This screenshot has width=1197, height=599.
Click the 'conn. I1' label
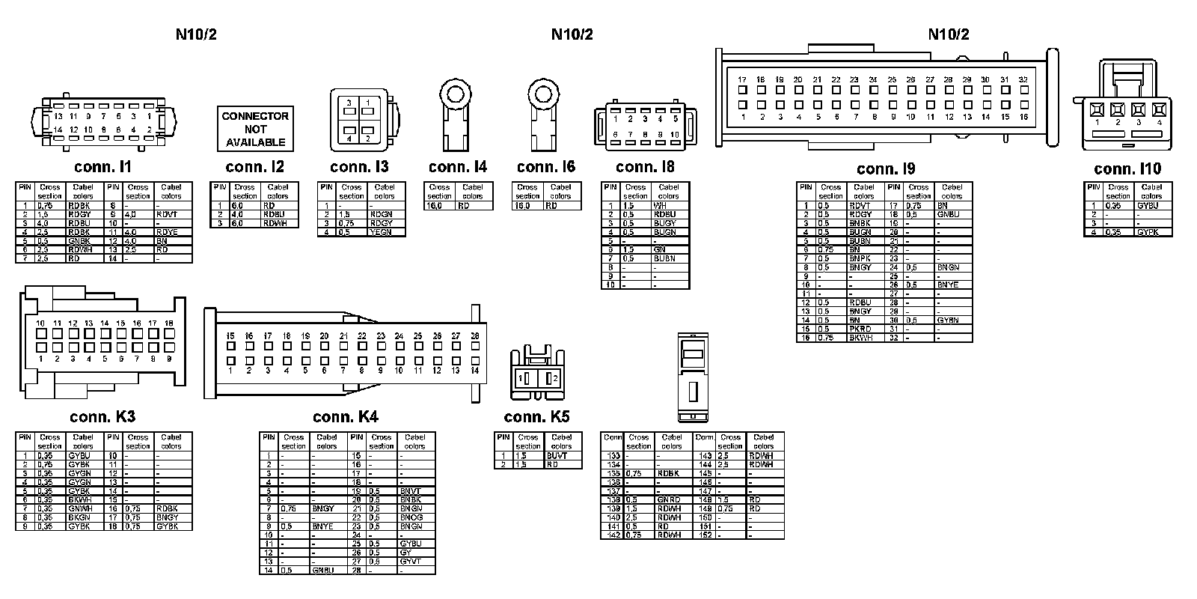pos(103,166)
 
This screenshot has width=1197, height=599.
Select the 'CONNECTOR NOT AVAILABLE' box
pos(255,129)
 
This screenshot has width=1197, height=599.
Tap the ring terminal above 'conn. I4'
pos(454,95)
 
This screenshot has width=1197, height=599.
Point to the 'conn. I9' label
pos(885,169)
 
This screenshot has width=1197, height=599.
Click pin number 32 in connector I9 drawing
pos(1023,80)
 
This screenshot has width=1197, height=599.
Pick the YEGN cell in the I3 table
pos(381,232)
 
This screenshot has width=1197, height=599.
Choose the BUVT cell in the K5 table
pos(557,455)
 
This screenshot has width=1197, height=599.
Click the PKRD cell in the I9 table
pos(860,329)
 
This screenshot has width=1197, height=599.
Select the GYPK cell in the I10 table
pos(1148,232)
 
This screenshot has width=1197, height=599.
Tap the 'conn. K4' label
pos(346,417)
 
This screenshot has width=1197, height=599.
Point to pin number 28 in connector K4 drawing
pos(474,336)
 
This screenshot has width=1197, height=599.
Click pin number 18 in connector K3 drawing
pos(169,323)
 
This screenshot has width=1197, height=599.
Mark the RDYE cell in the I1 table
pos(168,232)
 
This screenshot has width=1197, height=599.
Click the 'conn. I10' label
pos(1127,169)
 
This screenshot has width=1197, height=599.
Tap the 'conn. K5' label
pos(536,417)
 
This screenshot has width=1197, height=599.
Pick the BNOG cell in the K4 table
pos(411,517)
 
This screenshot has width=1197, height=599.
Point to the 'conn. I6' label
pos(545,166)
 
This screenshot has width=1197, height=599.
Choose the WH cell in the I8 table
pos(660,205)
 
